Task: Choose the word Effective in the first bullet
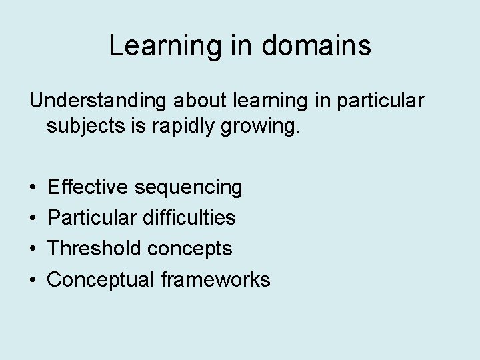(x=89, y=187)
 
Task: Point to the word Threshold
(x=95, y=249)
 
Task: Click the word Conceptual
(x=101, y=280)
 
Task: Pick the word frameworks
(x=215, y=279)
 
